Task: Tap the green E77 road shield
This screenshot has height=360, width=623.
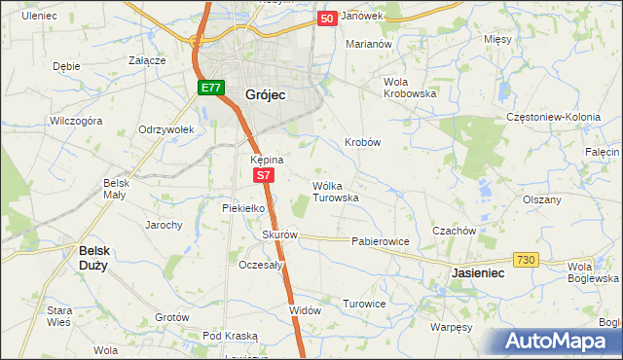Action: (211, 88)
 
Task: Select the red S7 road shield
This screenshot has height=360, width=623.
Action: (264, 175)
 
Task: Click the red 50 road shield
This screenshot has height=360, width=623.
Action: (328, 18)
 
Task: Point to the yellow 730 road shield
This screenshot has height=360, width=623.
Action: (527, 258)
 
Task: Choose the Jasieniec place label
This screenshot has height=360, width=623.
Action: (478, 274)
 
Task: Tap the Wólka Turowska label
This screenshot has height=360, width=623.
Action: (336, 191)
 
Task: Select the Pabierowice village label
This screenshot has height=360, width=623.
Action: (380, 240)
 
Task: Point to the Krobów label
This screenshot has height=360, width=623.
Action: (362, 142)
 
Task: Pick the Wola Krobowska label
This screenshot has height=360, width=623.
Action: (409, 87)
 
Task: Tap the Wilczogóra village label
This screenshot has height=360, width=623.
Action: (76, 122)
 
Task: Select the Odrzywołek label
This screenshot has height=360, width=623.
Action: (167, 129)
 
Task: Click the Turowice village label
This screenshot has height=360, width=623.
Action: (365, 304)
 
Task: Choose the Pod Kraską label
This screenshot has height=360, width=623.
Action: (230, 335)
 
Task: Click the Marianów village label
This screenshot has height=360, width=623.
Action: (369, 44)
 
